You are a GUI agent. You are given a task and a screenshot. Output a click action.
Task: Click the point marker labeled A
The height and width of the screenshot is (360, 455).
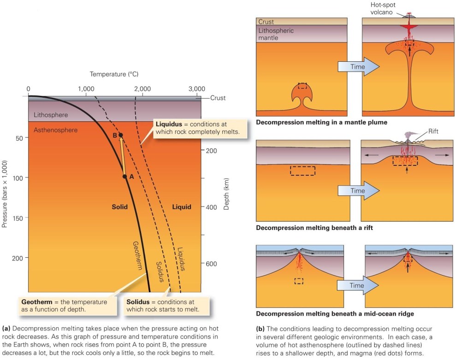point(124,176)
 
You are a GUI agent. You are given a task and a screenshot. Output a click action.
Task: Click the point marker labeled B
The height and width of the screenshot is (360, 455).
point(121,135)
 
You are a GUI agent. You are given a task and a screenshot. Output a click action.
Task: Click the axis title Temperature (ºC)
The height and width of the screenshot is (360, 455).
point(114,74)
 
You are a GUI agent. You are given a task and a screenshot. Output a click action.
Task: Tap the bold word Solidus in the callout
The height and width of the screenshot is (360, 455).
point(138,301)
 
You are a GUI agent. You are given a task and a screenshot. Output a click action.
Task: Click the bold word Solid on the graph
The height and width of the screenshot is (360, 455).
point(119,207)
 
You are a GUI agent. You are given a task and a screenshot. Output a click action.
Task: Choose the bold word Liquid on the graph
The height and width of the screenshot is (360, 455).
point(182,207)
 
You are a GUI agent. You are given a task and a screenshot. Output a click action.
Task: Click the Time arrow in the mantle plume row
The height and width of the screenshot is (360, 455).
point(358,67)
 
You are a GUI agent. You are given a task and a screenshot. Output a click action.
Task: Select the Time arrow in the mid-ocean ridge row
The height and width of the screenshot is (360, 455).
point(358,285)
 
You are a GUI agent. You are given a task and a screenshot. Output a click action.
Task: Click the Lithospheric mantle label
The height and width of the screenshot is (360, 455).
point(276,34)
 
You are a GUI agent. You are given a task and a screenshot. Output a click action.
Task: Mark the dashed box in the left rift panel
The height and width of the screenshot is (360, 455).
point(302,171)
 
